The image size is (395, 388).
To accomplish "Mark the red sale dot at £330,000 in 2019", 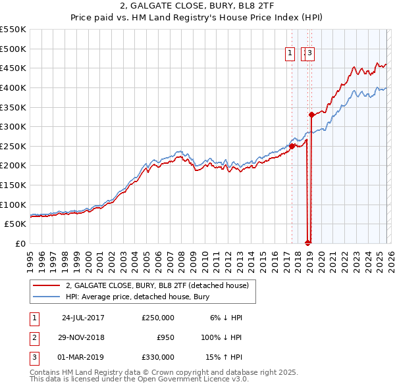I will pyautogui.click(x=311, y=114).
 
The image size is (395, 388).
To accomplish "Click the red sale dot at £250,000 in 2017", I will pyautogui.click(x=292, y=146).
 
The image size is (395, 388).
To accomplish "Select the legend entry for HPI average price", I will pyautogui.click(x=137, y=297).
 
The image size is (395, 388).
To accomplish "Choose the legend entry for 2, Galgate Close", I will pyautogui.click(x=157, y=285).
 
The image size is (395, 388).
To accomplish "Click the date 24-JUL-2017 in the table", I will pyautogui.click(x=83, y=318).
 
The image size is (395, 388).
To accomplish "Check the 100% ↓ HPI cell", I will pyautogui.click(x=221, y=337).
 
